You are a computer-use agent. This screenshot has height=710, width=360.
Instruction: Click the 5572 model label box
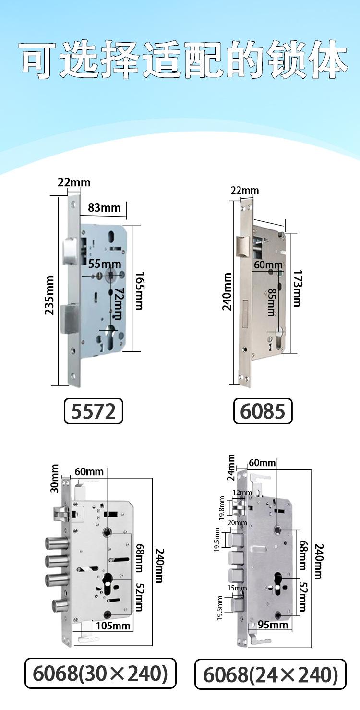[x=93, y=411]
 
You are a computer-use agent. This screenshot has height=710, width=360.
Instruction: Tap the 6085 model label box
[x=263, y=411]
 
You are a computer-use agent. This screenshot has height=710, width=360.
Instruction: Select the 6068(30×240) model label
[x=100, y=673]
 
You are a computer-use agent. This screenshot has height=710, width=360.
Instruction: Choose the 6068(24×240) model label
[x=270, y=674]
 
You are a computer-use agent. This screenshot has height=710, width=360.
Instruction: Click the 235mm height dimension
[x=49, y=295]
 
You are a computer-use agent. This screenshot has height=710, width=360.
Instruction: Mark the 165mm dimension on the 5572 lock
[x=139, y=290]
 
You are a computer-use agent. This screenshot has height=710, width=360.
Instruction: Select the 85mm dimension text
[x=271, y=302]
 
